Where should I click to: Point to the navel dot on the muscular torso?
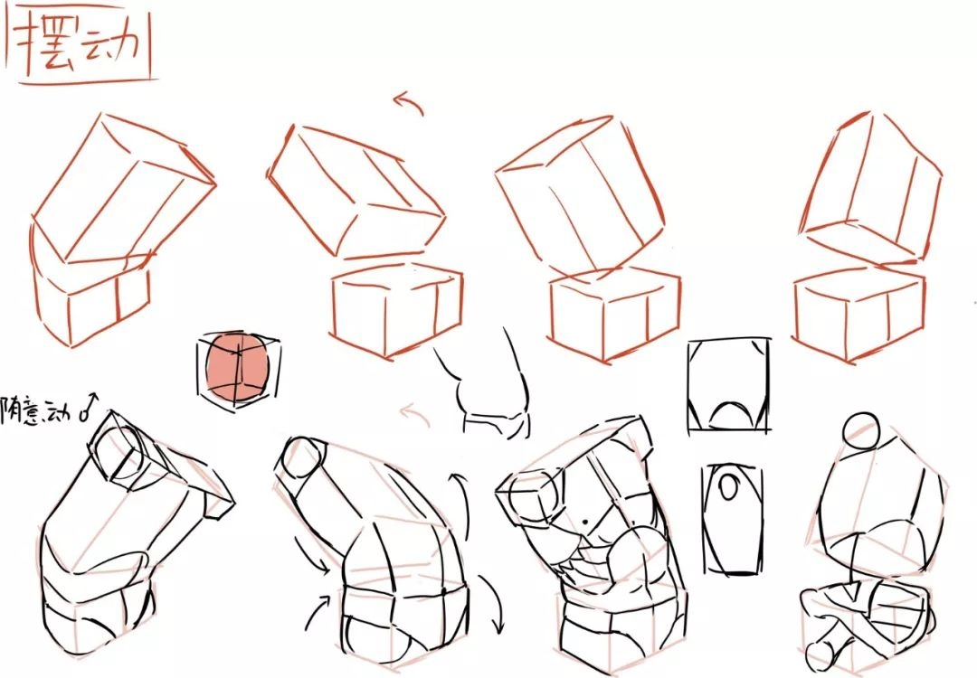pyautogui.click(x=584, y=521)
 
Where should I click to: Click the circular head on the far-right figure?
pyautogui.click(x=861, y=429)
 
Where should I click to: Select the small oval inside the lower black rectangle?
pyautogui.click(x=728, y=486)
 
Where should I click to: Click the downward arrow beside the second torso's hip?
pyautogui.click(x=492, y=604)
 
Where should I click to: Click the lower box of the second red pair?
pyautogui.click(x=397, y=309)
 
